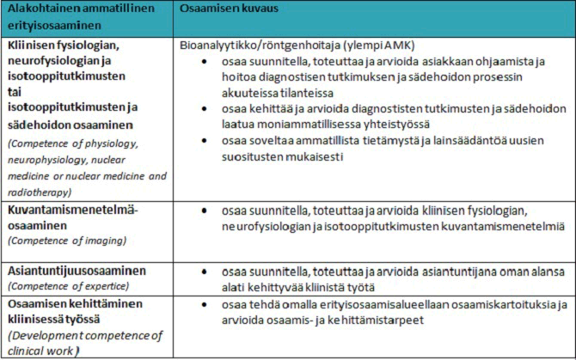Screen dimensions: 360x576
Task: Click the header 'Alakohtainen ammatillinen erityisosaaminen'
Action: point(76,17)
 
